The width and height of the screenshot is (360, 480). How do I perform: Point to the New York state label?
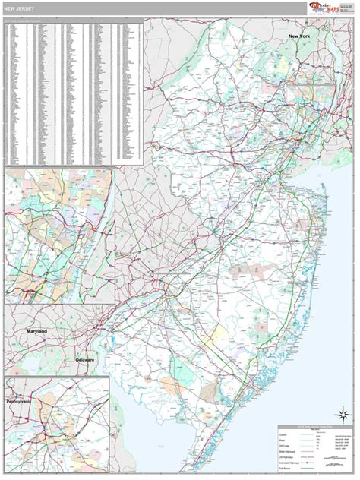(x=298, y=36)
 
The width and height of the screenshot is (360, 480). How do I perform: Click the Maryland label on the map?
(x=36, y=332)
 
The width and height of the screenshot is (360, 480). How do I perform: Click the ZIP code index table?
(x=73, y=91)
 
